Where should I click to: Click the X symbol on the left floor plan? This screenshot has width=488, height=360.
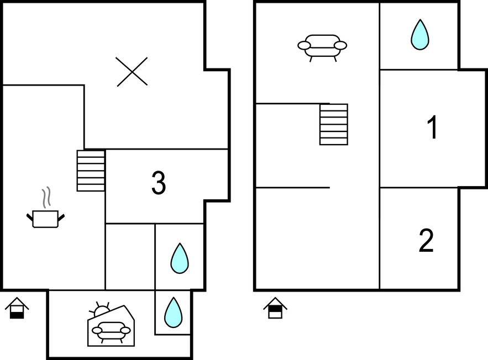[x=132, y=72]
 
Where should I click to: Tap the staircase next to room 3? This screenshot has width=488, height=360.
[x=91, y=171]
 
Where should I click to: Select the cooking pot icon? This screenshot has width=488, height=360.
[x=45, y=219]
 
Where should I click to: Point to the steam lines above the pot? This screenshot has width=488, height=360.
[x=46, y=198]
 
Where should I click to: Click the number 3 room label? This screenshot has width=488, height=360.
[x=159, y=183]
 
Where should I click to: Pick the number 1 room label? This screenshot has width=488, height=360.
[x=432, y=127]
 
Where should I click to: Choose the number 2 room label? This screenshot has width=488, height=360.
[x=426, y=240]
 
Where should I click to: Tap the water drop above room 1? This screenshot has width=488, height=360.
[x=420, y=34]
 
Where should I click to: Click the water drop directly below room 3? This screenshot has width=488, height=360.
[x=180, y=258]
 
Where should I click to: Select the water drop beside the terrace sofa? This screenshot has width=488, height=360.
[x=173, y=313]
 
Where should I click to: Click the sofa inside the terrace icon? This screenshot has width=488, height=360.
[x=111, y=331]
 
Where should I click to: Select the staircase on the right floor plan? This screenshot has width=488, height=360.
[x=334, y=124]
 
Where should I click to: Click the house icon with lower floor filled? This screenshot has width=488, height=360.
[x=17, y=309]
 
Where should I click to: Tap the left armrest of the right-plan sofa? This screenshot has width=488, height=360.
[x=304, y=45]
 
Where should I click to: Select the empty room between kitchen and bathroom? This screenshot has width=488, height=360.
[x=130, y=257]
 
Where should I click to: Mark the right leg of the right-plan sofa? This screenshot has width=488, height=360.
[x=335, y=59]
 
